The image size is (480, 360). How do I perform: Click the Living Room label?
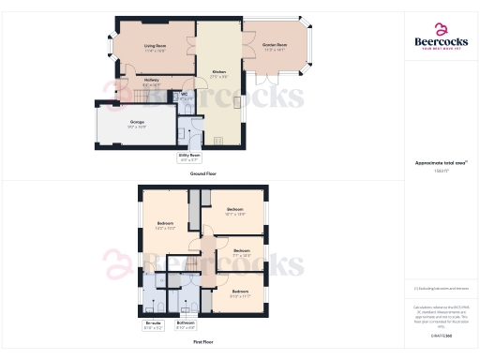tap(156, 47)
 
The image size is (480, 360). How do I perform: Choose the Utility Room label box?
tap(190, 158)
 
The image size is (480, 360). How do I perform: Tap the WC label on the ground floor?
tap(186, 96)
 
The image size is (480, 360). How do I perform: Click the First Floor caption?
tap(199, 342)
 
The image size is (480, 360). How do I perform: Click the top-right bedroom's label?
tap(234, 211)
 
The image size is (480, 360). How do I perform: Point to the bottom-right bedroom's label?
tap(240, 293)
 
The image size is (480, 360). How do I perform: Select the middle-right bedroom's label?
tap(242, 252)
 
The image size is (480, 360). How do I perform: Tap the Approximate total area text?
tap(441, 164)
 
